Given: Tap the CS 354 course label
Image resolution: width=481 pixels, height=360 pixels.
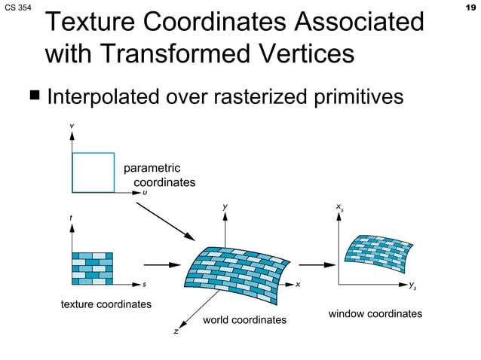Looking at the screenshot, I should click(x=17, y=7).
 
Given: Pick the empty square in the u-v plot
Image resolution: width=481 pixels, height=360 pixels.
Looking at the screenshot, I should click(x=93, y=172).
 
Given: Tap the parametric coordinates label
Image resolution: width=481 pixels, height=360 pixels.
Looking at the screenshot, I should click(x=158, y=175).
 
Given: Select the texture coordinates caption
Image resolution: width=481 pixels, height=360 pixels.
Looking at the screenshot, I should click(x=106, y=304).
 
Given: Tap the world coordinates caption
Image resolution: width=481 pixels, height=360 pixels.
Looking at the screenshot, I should click(x=245, y=320).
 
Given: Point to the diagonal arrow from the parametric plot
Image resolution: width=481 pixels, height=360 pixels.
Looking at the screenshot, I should click(x=166, y=219).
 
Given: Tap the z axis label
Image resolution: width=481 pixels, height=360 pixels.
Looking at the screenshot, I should click(x=176, y=331).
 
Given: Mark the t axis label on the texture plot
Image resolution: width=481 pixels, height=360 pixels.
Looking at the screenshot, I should click(x=71, y=218).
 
